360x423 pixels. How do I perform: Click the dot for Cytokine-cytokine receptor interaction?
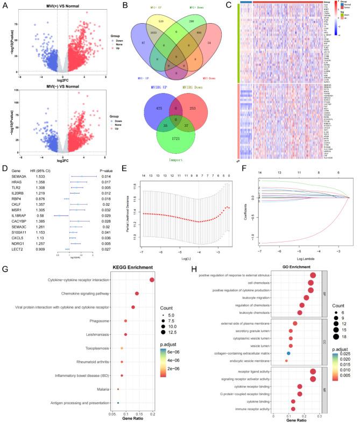152,279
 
